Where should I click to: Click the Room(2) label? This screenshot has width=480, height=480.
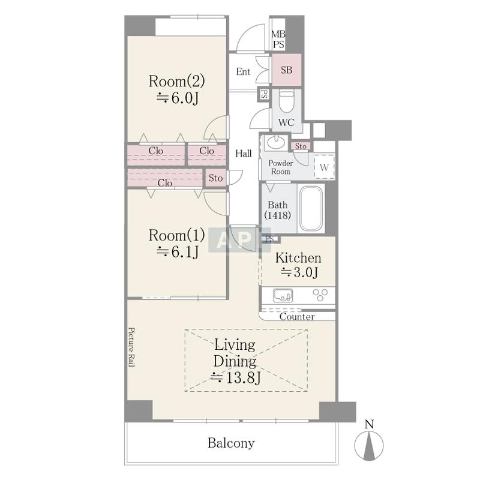tap(176, 81)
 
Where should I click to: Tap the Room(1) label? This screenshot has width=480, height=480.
tap(176, 235)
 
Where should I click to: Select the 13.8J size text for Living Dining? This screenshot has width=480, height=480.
tap(235, 378)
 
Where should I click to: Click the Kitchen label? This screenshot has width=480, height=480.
tap(298, 258)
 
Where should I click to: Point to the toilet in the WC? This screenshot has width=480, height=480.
tap(287, 101)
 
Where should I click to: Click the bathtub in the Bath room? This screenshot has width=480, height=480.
tap(311, 208)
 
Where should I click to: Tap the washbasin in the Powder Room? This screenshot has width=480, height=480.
tap(277, 142)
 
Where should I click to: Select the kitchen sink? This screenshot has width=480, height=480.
tap(283, 295)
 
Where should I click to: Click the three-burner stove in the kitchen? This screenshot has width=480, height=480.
tap(320, 295)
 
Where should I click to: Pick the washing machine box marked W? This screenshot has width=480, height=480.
tap(324, 167)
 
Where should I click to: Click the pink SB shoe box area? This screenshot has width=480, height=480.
tap(287, 70)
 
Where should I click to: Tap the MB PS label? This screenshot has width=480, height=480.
tap(278, 39)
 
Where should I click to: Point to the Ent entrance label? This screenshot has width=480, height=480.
tap(243, 71)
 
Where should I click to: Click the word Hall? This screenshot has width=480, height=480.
tap(244, 154)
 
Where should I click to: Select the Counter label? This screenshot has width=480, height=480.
tap(297, 317)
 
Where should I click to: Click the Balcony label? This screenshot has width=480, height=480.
tap(231, 443)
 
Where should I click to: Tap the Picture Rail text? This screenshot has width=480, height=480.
tap(131, 347)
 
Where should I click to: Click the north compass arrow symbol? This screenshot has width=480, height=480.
tap(369, 445)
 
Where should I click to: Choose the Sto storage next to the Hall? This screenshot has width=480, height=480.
tap(215, 178)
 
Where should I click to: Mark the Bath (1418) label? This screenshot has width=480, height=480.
tap(278, 210)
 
